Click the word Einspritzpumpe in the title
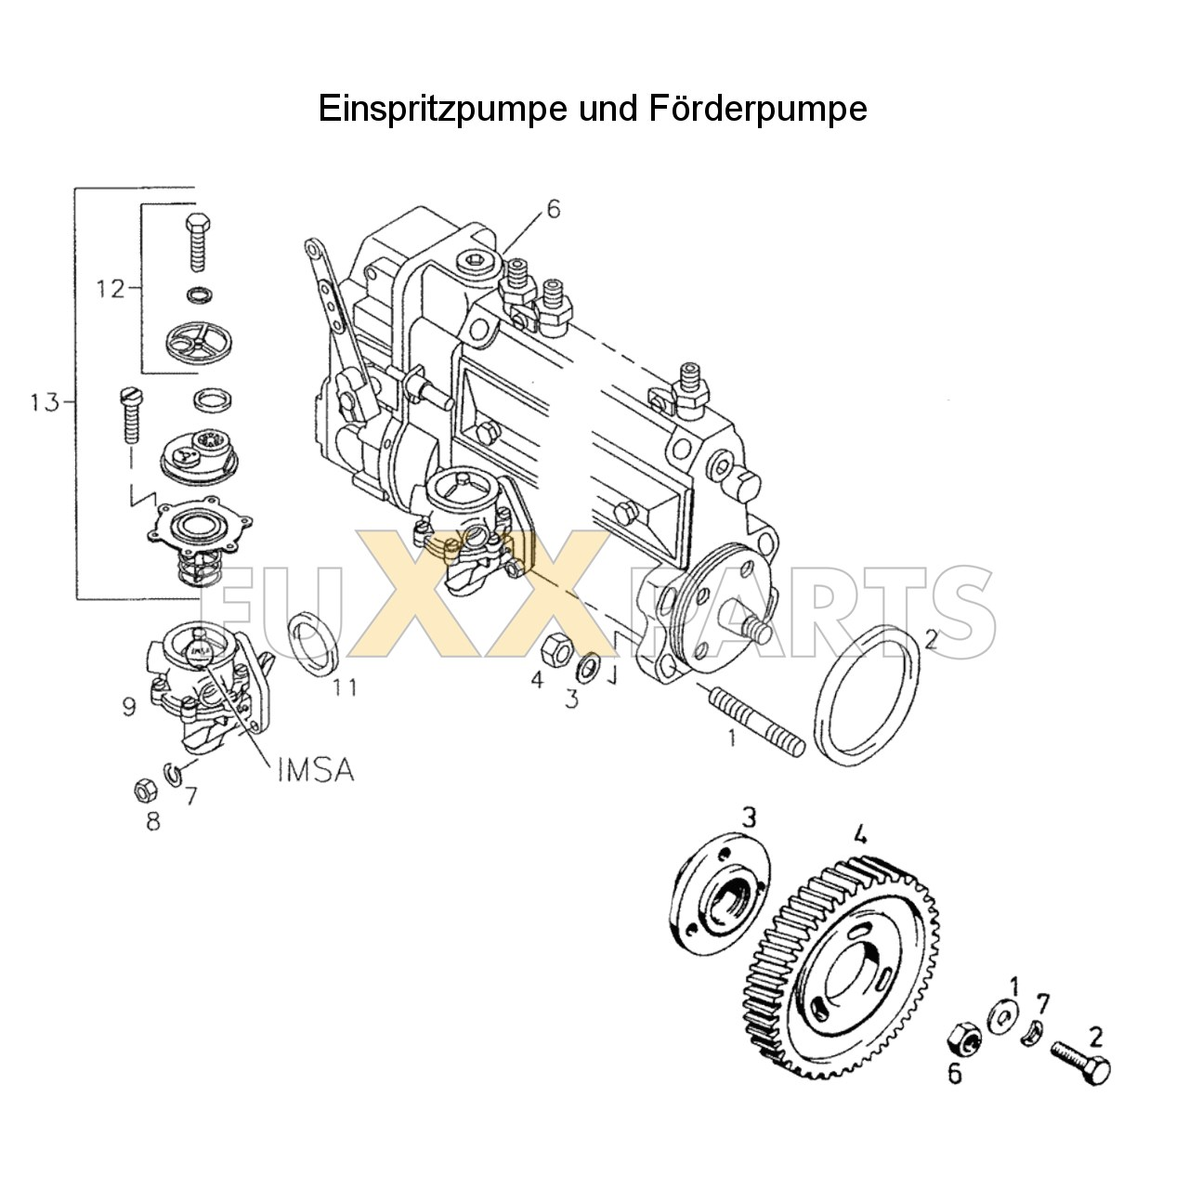[442, 110]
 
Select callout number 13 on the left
[44, 403]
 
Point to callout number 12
[110, 289]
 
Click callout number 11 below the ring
[346, 688]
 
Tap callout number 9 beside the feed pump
[129, 707]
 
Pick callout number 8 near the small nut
[152, 821]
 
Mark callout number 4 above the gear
[860, 835]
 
